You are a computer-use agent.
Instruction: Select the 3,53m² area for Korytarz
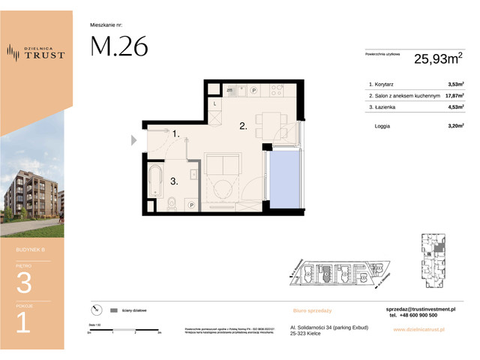(x=454, y=85)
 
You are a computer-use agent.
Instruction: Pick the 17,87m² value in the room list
(x=453, y=96)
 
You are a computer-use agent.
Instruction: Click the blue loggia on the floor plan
(x=285, y=180)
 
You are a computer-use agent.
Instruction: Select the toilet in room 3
(x=172, y=202)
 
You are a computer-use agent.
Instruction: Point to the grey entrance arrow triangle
(x=134, y=139)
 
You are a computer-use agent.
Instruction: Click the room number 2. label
(x=243, y=127)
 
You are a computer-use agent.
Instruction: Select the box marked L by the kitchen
(x=214, y=103)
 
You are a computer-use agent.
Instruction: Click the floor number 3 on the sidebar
(x=23, y=283)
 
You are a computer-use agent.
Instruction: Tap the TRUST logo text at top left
(x=46, y=54)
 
